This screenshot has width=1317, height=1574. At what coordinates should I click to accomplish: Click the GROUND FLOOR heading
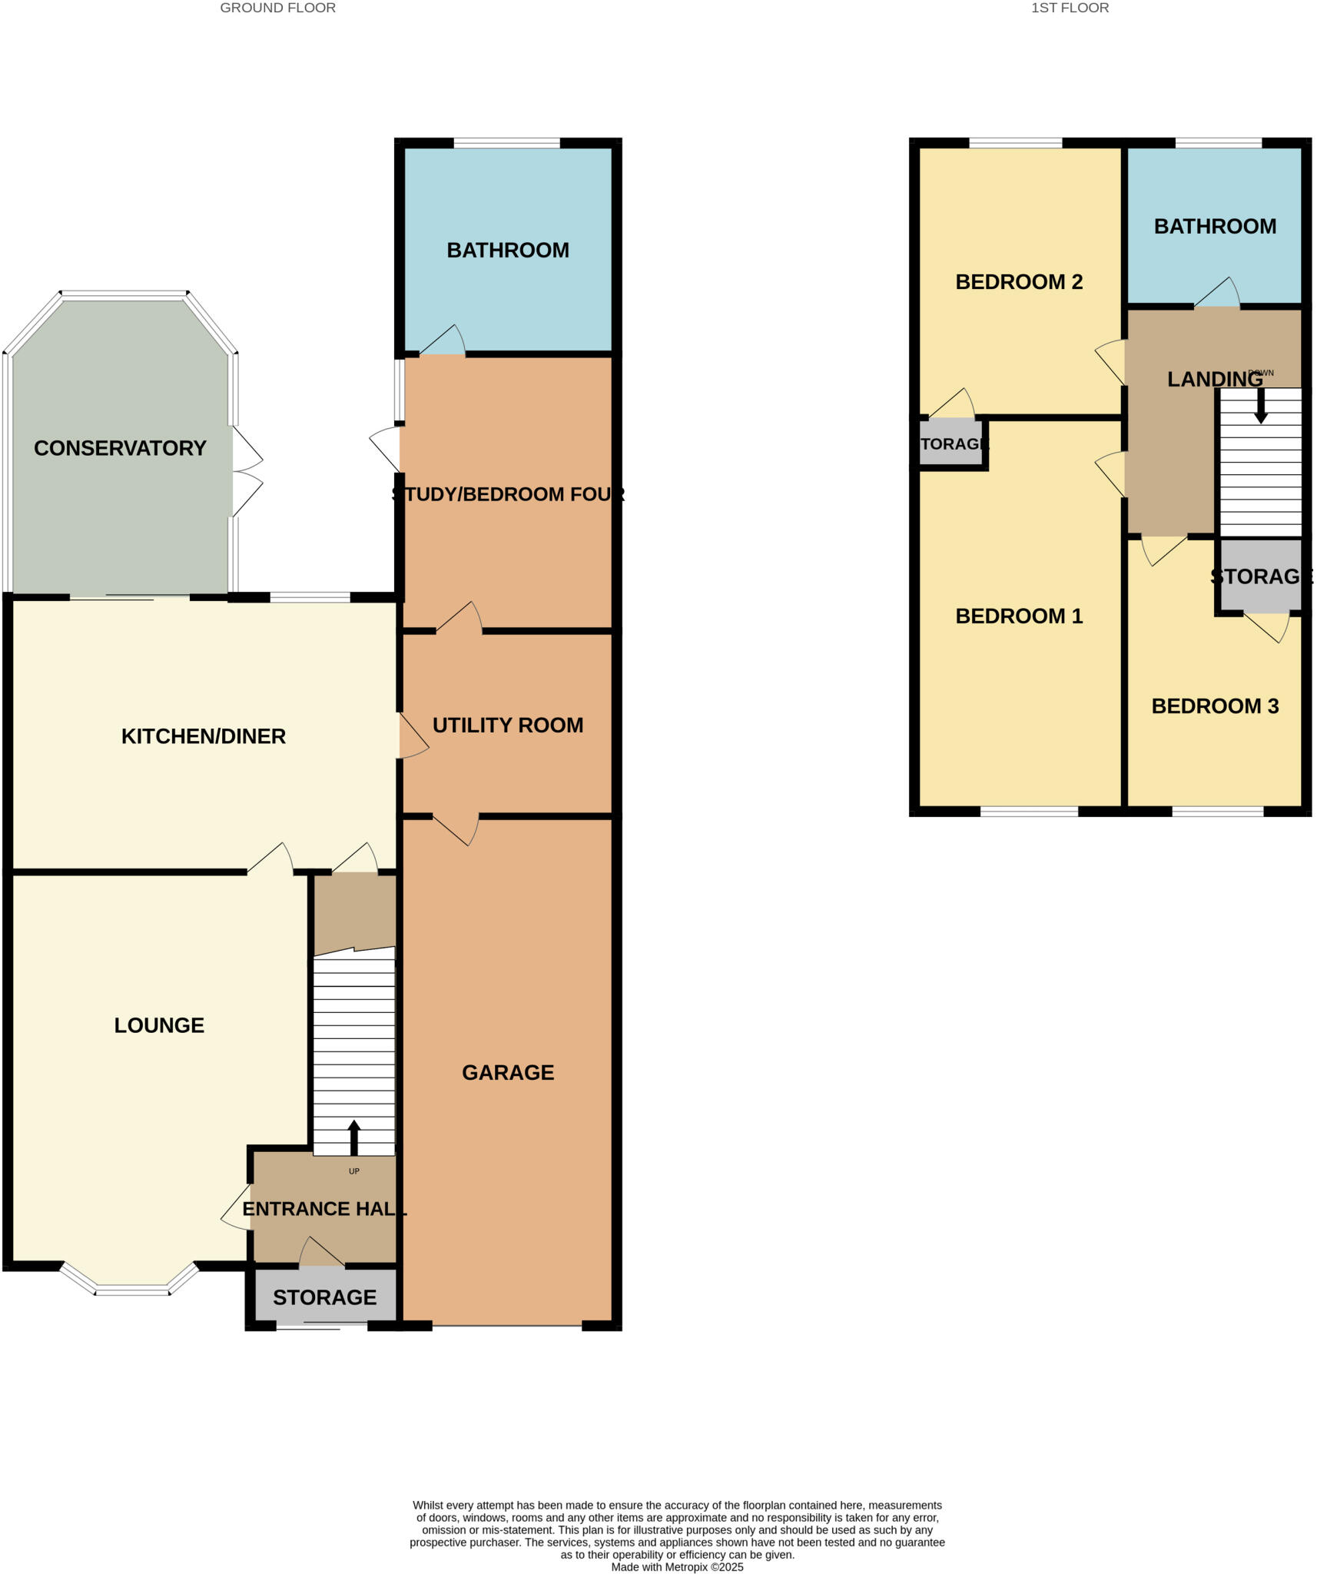click(x=277, y=8)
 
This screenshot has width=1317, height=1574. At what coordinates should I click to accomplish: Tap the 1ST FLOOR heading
click(x=1070, y=8)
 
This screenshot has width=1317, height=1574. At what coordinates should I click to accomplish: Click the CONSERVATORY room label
click(x=120, y=448)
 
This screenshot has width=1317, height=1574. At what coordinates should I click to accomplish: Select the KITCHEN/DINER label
click(x=204, y=736)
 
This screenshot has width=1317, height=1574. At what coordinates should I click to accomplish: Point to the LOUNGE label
click(x=159, y=1025)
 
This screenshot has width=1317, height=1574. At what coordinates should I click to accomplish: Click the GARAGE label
click(x=508, y=1072)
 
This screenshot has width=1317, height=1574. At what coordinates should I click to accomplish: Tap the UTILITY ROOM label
click(x=508, y=725)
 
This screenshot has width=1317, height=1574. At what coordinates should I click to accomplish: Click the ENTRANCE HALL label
click(x=324, y=1209)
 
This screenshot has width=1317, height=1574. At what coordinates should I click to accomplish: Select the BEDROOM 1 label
click(x=1019, y=616)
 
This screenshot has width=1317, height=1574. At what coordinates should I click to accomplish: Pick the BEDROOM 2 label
click(x=1019, y=282)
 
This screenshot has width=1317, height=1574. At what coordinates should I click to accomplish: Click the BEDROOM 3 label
click(x=1215, y=706)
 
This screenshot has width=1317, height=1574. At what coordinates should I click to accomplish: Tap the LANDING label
click(x=1215, y=379)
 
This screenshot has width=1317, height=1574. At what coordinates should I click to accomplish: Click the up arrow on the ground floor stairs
click(x=354, y=1137)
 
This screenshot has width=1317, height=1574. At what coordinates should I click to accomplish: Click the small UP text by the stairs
click(x=354, y=1171)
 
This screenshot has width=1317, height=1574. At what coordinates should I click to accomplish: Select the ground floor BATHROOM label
click(x=508, y=250)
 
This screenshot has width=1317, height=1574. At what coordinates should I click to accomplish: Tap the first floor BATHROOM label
click(x=1215, y=226)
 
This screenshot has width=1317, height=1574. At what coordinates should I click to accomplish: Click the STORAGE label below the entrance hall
click(x=324, y=1297)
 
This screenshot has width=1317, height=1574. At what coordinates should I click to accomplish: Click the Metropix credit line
click(x=677, y=1567)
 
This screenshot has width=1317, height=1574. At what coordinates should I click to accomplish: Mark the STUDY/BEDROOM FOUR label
click(x=508, y=494)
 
